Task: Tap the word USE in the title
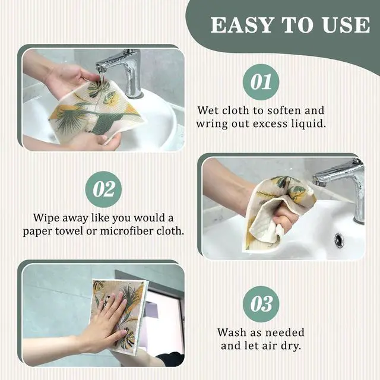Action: click(x=344, y=25)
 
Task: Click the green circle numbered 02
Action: click(x=104, y=189)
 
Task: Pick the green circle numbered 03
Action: click(x=261, y=305)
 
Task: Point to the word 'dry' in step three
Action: click(x=291, y=346)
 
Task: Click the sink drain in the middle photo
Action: click(x=338, y=240)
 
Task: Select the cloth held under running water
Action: click(x=98, y=113)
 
